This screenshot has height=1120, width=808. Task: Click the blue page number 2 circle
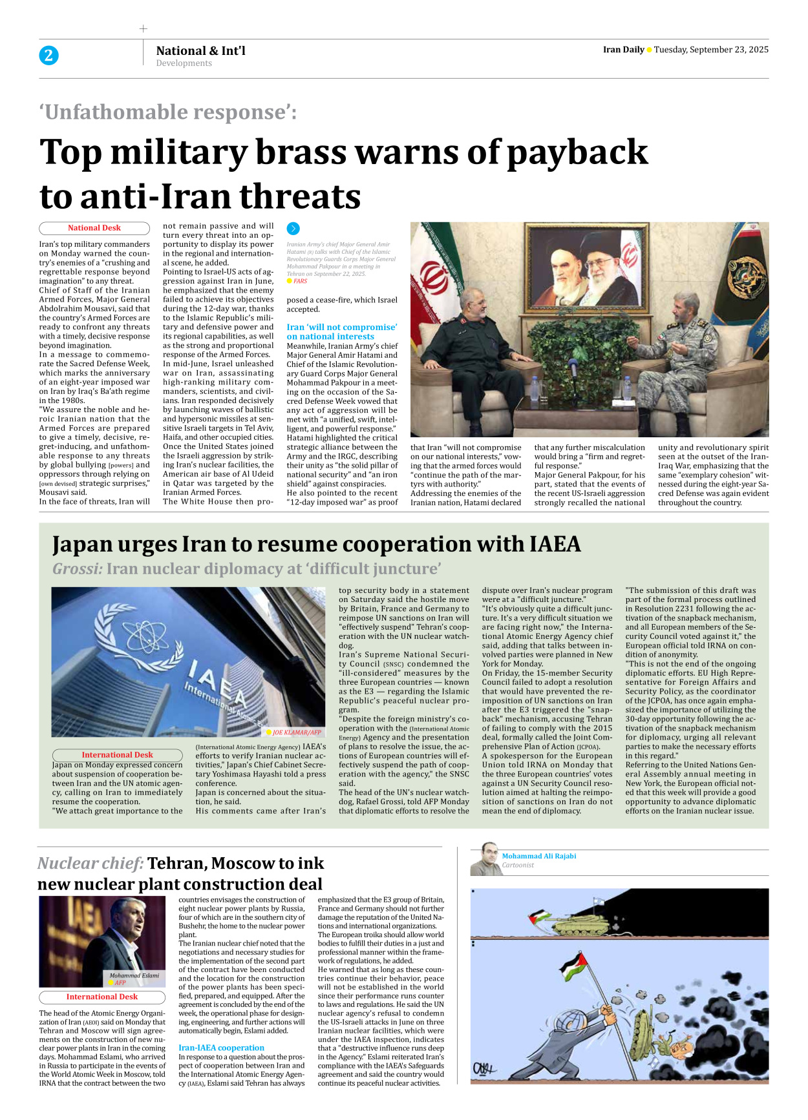48,56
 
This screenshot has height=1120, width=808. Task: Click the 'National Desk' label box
94,228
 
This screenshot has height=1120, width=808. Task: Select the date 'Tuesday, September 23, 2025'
711,50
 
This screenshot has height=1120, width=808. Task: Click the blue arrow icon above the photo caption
293,229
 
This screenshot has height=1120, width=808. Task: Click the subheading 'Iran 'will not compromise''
341,327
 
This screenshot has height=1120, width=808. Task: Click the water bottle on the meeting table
534,389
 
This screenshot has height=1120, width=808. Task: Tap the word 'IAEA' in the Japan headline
555,544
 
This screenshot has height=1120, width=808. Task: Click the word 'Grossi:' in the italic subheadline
78,569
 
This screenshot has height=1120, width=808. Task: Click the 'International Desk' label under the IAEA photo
117,755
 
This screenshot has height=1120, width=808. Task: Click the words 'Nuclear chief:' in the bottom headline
90,864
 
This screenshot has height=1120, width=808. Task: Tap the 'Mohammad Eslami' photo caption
134,975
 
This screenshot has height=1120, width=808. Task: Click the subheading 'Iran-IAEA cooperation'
221,1048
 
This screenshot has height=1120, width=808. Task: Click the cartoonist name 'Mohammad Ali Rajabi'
539,856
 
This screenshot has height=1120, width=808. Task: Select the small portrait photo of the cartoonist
485,859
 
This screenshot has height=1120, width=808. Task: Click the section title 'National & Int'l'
200,50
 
